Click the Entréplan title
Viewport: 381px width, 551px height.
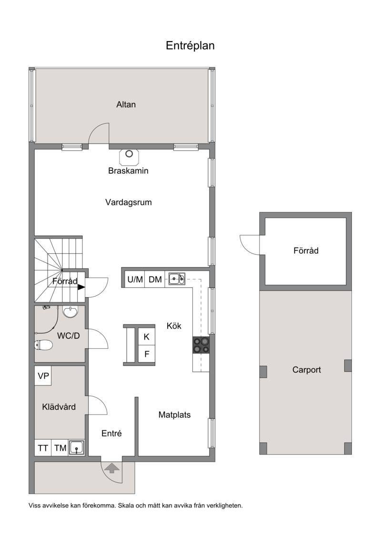pos(190,46)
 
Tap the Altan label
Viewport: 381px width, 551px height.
pos(126,104)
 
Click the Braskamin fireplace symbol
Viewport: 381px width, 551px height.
pos(129,157)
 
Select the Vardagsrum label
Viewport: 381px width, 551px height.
pos(129,202)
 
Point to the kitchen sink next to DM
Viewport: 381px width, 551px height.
pos(177,279)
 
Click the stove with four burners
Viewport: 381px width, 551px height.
pos(201,345)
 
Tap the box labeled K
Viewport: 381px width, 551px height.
pos(147,337)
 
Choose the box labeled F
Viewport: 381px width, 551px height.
pos(147,354)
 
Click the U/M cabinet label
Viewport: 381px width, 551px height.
pos(135,280)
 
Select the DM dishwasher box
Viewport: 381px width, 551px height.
pos(155,280)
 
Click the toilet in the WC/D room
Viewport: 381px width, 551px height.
pos(43,345)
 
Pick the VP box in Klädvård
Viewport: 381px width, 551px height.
pos(43,375)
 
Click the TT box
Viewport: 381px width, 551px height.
pos(43,448)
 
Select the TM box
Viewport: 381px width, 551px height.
pos(60,448)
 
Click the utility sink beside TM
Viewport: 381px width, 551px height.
pos(77,447)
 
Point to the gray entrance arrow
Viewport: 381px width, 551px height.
pos(112,468)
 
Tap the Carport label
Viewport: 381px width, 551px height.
pos(307,370)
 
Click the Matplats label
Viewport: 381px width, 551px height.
pos(174,415)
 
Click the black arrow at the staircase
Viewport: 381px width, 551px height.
pos(81,287)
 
